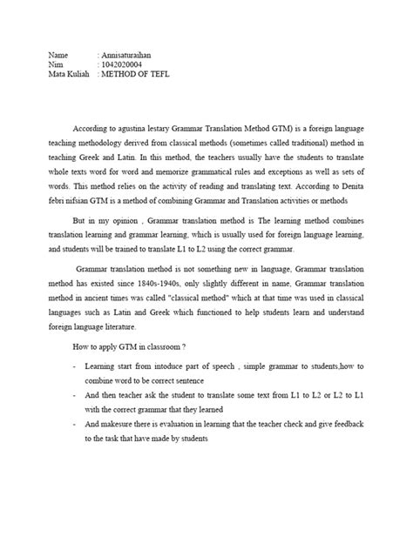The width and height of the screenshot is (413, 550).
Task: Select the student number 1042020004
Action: pyautogui.click(x=122, y=65)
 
